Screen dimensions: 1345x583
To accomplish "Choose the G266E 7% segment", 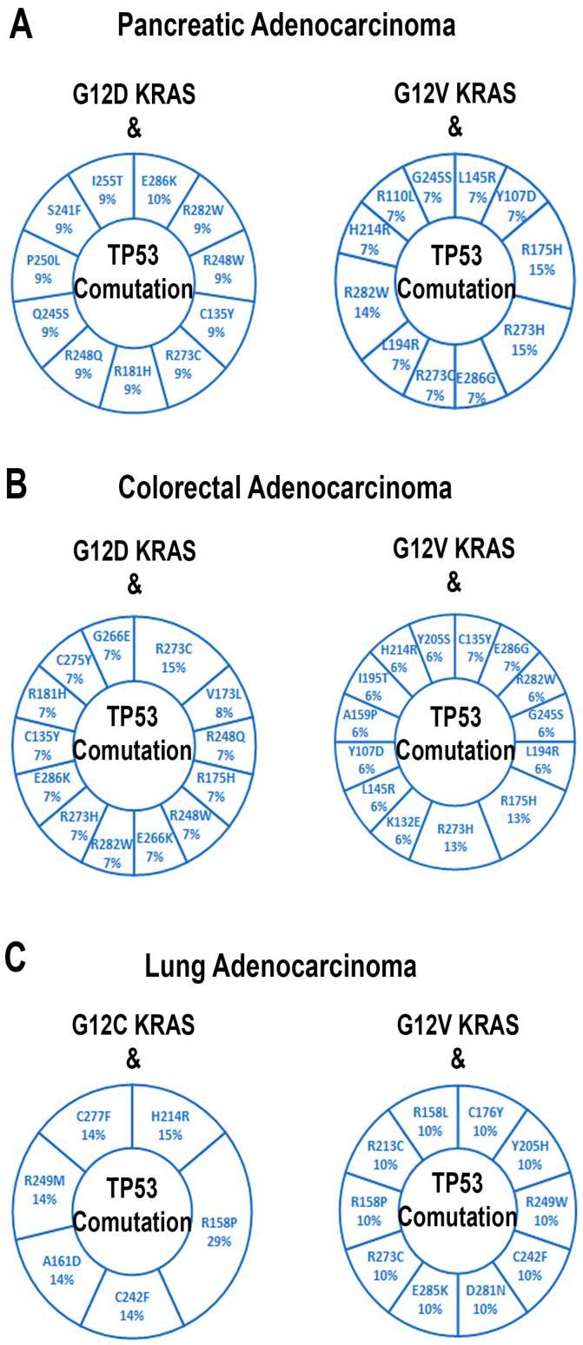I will click(x=111, y=648).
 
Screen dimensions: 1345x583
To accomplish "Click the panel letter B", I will click(x=17, y=485).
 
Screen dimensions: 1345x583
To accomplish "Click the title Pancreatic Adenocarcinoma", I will click(x=286, y=26).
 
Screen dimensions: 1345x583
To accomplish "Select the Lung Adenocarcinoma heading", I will click(x=280, y=966).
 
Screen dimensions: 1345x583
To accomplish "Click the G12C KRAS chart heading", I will click(x=133, y=1025).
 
